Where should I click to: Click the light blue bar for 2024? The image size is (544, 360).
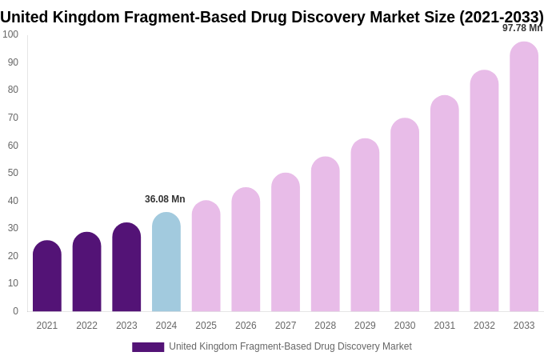point(166,262)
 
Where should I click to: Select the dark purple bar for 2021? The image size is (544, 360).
point(47,276)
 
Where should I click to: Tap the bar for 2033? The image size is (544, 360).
point(524,177)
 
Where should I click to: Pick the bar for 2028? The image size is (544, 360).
point(326,234)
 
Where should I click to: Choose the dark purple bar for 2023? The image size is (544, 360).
point(126,267)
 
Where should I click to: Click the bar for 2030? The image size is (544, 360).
point(405,215)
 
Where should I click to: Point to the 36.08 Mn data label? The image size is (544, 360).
point(165,199)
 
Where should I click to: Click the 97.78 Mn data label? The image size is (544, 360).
point(522,28)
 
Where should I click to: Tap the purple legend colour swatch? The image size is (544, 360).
point(148,347)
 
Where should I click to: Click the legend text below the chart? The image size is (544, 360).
point(290,346)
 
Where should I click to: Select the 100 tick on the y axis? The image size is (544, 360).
point(10,34)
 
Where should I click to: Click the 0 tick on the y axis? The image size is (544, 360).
point(15,311)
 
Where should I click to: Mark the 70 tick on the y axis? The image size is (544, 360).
point(13,118)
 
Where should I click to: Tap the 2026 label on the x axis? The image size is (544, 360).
point(246,326)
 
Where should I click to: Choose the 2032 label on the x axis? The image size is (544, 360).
point(484,326)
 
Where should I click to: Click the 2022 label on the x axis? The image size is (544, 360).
point(86,326)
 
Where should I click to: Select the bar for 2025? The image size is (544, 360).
point(206,256)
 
